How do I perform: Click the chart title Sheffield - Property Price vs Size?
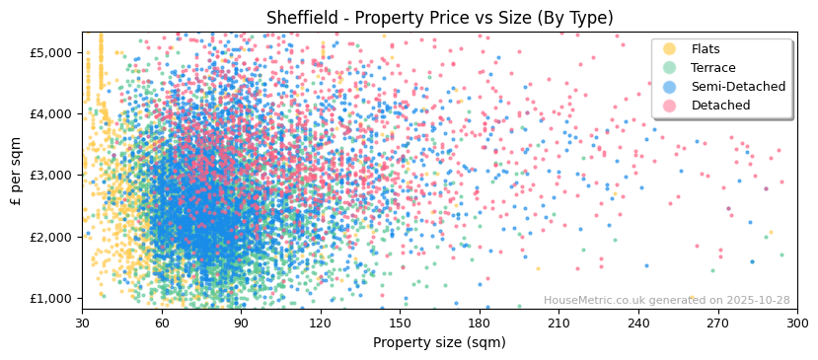(439, 18)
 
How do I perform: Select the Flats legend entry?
(705, 49)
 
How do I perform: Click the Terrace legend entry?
(712, 68)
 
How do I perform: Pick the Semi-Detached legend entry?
(738, 87)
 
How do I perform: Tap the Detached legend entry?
(720, 106)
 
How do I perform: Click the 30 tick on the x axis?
(82, 323)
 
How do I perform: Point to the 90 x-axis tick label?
(241, 323)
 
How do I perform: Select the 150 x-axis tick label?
(400, 323)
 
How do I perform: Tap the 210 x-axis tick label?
(558, 323)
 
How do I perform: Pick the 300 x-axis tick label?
(797, 323)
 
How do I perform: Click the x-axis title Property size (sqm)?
(439, 342)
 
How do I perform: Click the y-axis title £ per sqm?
(17, 171)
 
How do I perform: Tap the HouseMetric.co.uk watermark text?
(666, 301)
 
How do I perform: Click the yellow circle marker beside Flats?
(670, 49)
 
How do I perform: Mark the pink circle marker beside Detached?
(670, 106)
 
